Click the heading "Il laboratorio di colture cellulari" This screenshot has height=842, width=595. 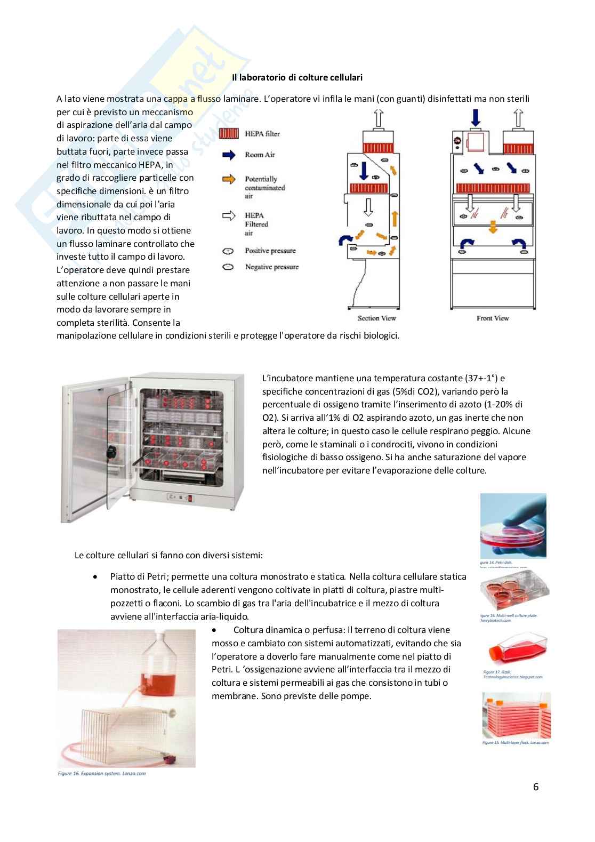(x=297, y=77)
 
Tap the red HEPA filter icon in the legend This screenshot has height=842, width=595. (x=229, y=134)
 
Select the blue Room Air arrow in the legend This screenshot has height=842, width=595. (x=229, y=155)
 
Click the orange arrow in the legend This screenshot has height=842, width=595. (x=229, y=180)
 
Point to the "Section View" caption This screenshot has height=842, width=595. (x=376, y=318)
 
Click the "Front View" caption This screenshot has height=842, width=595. (x=493, y=318)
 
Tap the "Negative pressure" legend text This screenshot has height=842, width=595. (x=271, y=267)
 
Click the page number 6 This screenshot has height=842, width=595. (x=536, y=787)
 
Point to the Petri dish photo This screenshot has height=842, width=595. (x=513, y=526)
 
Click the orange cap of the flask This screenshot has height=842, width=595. (x=493, y=652)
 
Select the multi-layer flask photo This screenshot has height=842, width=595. (x=516, y=715)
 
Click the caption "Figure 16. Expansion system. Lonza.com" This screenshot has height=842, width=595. (x=101, y=773)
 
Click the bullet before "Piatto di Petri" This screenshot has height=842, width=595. (x=95, y=577)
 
